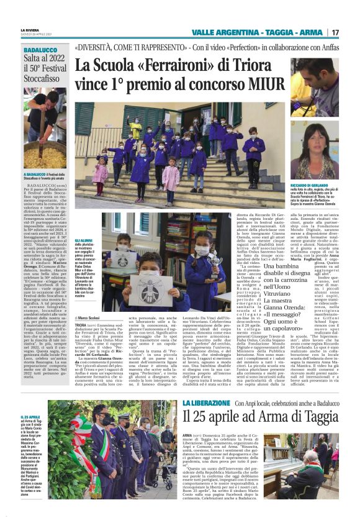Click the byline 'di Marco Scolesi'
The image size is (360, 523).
[x=92, y=317]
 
